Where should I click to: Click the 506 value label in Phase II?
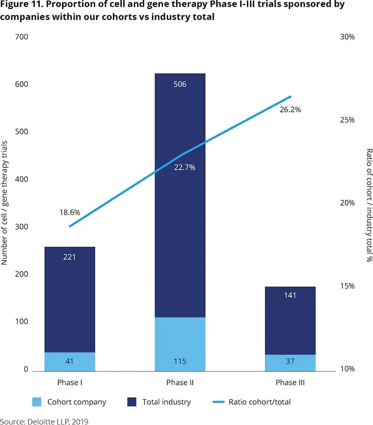point(180,85)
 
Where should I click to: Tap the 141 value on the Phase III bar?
point(290,295)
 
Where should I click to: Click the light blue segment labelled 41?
point(70,361)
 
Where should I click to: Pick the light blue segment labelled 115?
point(180,344)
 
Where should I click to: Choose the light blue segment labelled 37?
point(290,362)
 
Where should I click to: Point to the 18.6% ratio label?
point(70,199)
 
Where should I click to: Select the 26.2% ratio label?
point(290,109)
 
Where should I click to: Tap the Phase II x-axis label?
point(180,383)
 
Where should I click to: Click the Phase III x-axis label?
point(290,383)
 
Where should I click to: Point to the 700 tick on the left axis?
point(22,37)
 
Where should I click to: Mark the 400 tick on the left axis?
point(22,179)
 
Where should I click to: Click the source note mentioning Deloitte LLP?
point(44,421)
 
